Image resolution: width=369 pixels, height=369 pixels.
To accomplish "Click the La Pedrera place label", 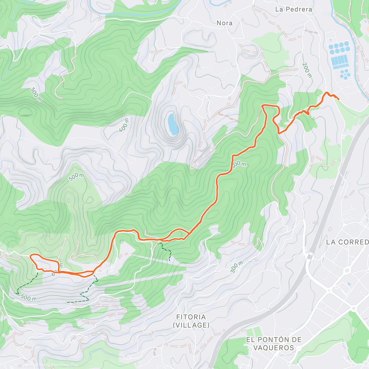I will point(293,9).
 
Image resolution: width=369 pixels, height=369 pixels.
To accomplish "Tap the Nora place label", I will point(224,23).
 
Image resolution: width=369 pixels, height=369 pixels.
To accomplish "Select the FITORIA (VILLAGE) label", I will point(191,321).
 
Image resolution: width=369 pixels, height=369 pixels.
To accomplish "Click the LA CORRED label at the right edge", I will point(347,242).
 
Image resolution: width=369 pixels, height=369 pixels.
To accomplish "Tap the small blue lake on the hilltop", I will point(173,124).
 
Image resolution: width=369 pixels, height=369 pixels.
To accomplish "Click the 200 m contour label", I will point(307,70).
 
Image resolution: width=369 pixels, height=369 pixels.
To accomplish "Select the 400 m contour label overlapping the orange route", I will point(239,165).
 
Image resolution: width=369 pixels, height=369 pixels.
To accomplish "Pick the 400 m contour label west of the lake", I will point(124,124).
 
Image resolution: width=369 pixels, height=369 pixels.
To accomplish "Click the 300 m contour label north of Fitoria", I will point(236,267).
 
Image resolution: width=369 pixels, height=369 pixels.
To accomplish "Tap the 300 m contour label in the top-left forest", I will point(36,94).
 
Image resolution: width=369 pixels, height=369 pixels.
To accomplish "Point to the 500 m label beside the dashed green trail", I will point(28,298).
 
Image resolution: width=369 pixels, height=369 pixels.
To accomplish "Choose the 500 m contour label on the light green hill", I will point(76,177).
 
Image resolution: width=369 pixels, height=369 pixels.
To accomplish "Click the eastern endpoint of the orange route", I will point(339,99).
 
